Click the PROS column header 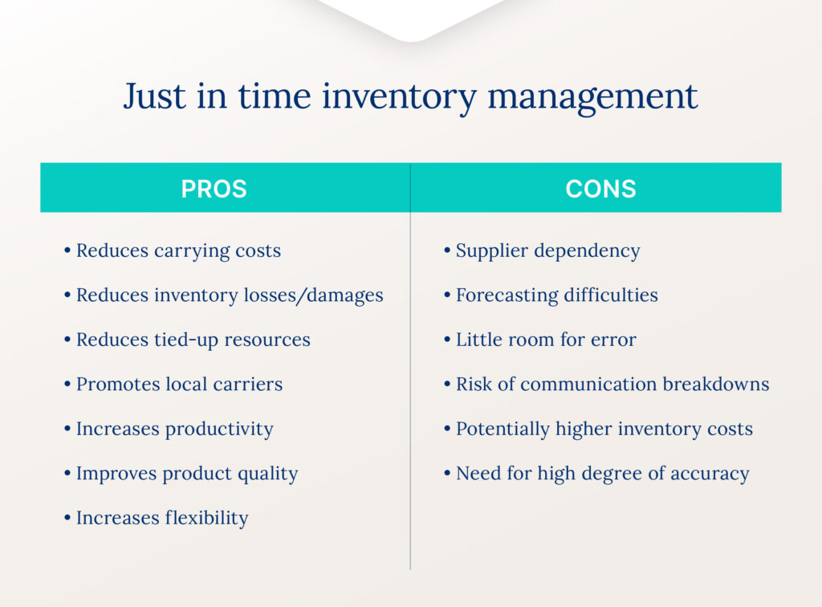[x=214, y=189]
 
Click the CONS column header [x=600, y=189]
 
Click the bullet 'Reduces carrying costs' [x=178, y=251]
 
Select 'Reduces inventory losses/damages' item [x=229, y=295]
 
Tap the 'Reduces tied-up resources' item [x=193, y=340]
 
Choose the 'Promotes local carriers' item [x=179, y=385]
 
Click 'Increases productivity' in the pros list [x=174, y=430]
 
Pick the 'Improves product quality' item [x=186, y=474]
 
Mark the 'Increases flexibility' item [x=161, y=518]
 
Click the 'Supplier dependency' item [x=547, y=251]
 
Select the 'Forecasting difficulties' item [x=556, y=295]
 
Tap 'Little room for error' [x=546, y=340]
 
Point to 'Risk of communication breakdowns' [x=612, y=385]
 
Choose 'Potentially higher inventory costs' [x=604, y=430]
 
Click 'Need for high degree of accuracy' [x=602, y=474]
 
